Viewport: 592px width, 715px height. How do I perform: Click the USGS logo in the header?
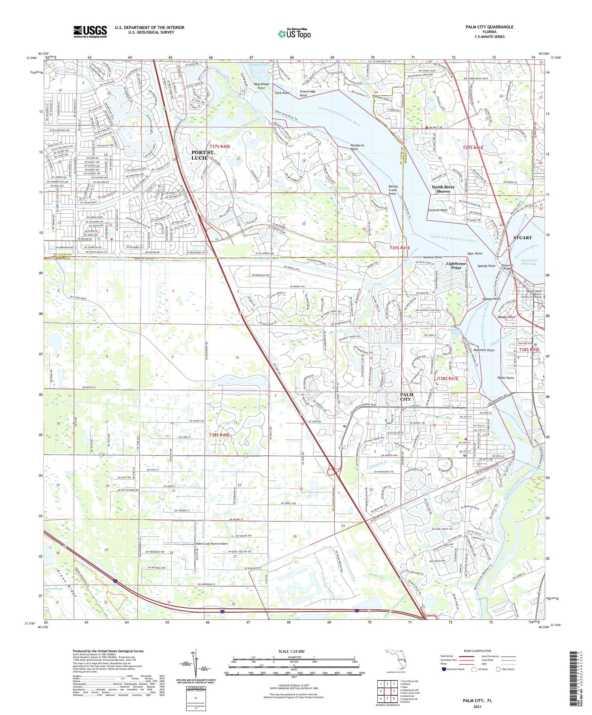click(90, 32)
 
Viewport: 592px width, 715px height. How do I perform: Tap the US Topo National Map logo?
click(294, 34)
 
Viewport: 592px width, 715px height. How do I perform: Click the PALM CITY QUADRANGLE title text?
click(489, 27)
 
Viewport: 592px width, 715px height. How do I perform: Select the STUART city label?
click(522, 238)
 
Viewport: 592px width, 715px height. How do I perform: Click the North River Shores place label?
click(443, 189)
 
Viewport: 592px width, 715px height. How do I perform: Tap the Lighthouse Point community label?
click(456, 265)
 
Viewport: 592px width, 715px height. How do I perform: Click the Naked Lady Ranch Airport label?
click(212, 543)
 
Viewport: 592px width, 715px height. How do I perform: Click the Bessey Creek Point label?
click(392, 190)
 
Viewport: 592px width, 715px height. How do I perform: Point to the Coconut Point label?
click(438, 210)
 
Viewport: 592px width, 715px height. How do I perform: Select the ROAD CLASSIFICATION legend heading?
click(477, 651)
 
